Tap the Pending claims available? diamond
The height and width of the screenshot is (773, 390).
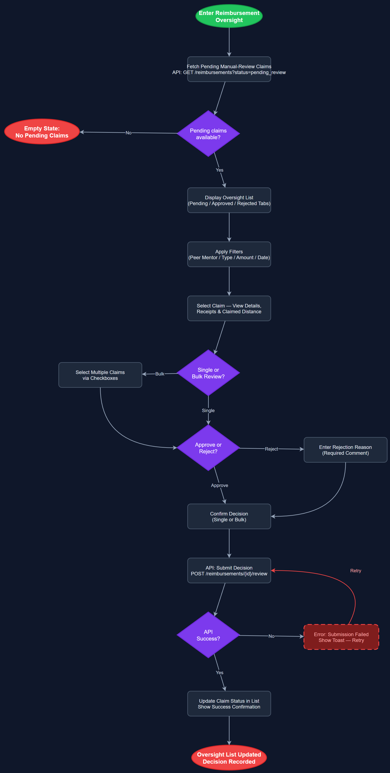(208, 134)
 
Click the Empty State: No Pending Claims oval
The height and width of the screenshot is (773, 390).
(42, 132)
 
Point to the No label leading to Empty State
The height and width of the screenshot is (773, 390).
(128, 133)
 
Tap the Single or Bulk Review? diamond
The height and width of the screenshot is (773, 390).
(208, 373)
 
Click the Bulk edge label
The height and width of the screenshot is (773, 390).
(160, 374)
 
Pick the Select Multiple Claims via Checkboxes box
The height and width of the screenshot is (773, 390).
(100, 375)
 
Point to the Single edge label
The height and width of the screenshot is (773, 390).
(208, 410)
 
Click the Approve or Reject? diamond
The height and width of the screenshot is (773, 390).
(208, 448)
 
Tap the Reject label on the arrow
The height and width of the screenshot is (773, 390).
(271, 449)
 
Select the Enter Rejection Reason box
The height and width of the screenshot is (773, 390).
(345, 450)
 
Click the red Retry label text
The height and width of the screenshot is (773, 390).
(355, 571)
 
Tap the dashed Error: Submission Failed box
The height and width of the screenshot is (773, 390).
(341, 637)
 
